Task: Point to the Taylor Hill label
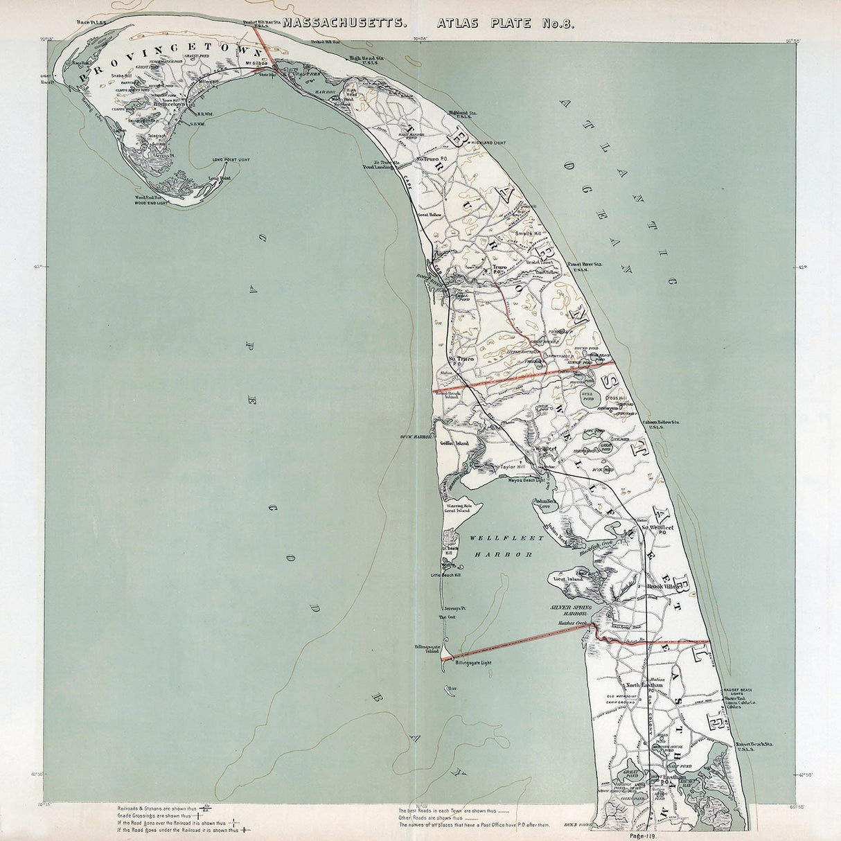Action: (x=513, y=467)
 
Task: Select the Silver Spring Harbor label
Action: (x=569, y=610)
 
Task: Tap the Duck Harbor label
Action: (x=416, y=437)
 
